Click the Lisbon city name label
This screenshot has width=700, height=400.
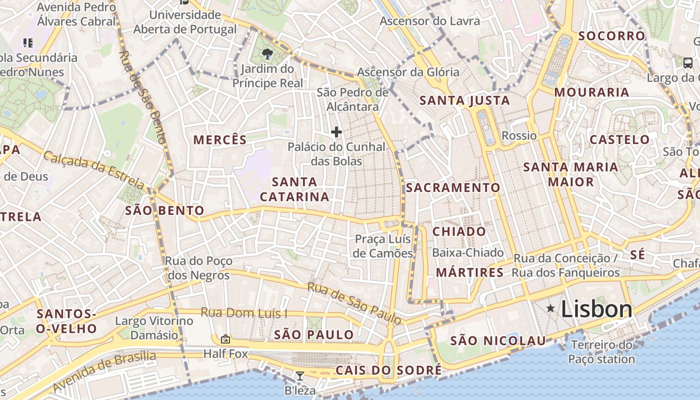click(x=596, y=309)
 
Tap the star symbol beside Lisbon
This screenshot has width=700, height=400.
click(x=550, y=308)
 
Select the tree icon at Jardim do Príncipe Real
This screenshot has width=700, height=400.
click(x=267, y=54)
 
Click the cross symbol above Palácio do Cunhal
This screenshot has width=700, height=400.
click(x=336, y=132)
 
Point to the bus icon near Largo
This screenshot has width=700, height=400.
click(x=687, y=63)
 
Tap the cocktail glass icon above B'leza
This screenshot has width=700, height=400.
click(x=299, y=375)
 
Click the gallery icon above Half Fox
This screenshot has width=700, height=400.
click(x=225, y=339)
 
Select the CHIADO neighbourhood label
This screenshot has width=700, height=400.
click(x=459, y=231)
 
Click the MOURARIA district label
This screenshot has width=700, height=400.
click(x=591, y=92)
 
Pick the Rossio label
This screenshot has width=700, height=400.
click(x=519, y=136)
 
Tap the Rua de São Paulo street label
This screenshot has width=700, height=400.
click(x=354, y=303)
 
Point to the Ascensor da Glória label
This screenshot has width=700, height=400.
click(x=408, y=72)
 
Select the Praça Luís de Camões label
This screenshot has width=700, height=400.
click(x=383, y=246)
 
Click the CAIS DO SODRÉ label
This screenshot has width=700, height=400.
click(x=388, y=370)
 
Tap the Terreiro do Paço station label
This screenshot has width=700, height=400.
click(x=601, y=352)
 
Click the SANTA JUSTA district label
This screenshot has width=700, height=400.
click(x=464, y=100)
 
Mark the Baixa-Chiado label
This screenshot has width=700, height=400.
click(x=468, y=253)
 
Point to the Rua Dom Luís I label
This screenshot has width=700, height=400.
click(x=244, y=313)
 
